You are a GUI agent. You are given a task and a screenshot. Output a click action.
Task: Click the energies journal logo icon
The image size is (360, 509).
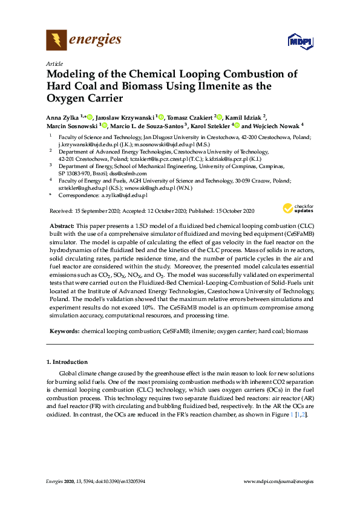(56, 41)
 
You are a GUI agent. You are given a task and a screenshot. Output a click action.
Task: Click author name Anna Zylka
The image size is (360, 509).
(64, 117)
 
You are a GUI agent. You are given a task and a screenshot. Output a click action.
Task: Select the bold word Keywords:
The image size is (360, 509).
(64, 331)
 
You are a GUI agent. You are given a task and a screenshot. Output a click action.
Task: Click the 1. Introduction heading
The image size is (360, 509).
(67, 362)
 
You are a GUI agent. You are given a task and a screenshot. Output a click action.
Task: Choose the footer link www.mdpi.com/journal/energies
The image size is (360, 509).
(278, 482)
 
